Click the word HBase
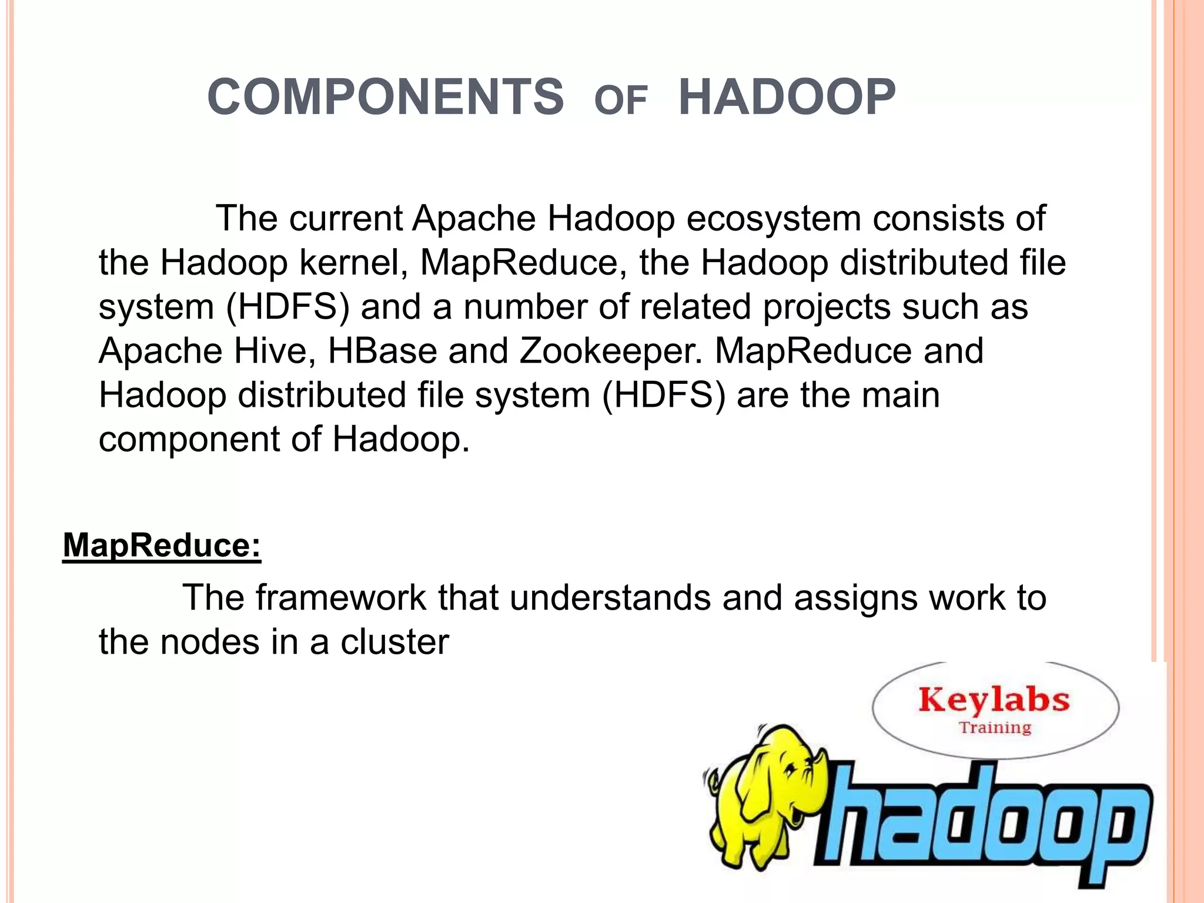click(x=382, y=351)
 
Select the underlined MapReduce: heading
click(x=162, y=545)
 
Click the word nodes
click(x=209, y=641)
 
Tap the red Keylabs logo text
click(x=994, y=701)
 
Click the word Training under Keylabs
click(x=995, y=728)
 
